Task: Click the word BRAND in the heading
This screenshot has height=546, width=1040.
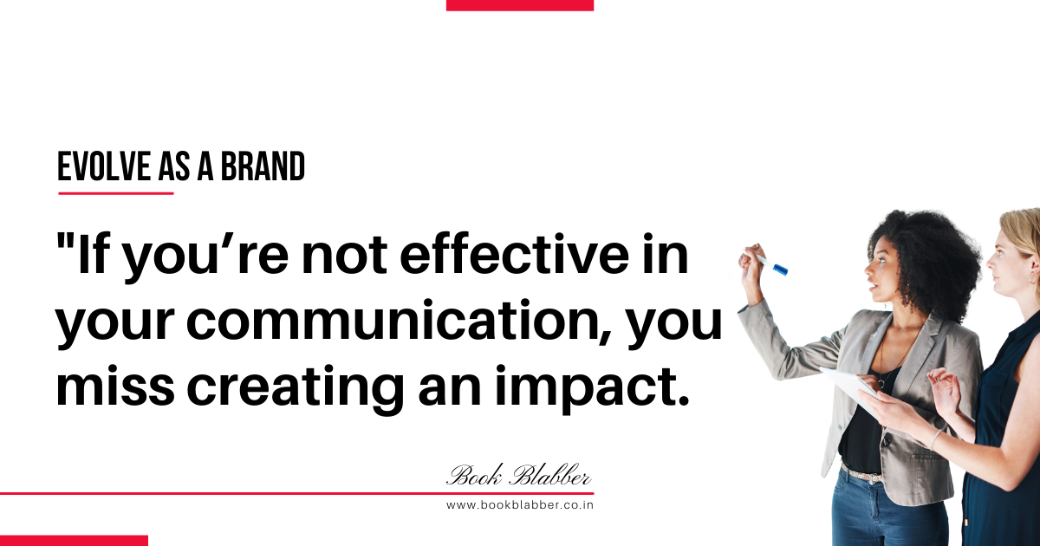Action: click(263, 166)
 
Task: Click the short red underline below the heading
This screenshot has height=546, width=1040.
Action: click(116, 193)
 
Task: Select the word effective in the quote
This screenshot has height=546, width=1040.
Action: click(514, 254)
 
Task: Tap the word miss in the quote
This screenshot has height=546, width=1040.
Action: click(115, 386)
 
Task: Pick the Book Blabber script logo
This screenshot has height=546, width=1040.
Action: click(519, 475)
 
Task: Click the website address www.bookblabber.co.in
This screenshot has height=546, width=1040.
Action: click(520, 505)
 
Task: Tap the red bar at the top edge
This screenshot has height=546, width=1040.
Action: click(520, 5)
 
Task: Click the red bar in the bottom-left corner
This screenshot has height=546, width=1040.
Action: click(74, 541)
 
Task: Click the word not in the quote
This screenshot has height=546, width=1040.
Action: click(344, 256)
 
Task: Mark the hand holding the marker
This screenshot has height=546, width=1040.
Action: click(749, 263)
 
